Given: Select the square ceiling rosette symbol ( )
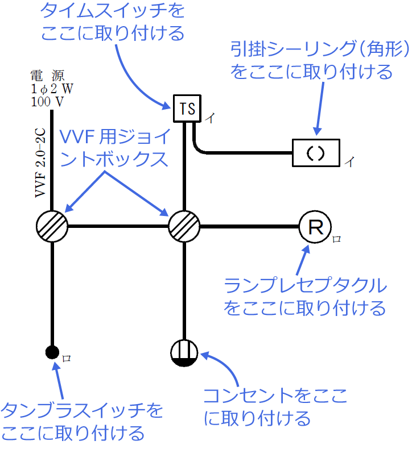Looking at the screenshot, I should click(x=316, y=152).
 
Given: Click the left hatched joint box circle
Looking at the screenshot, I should click(x=52, y=227).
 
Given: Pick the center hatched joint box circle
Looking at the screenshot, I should click(x=184, y=227).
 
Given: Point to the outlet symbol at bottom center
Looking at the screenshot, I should click(x=184, y=353).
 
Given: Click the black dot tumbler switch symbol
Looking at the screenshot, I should click(x=52, y=353).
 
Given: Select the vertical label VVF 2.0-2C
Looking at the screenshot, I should click(x=40, y=163).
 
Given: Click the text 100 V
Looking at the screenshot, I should click(x=48, y=102).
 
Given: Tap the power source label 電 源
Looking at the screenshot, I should click(x=48, y=76).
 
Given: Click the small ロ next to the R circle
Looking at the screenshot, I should click(x=337, y=240).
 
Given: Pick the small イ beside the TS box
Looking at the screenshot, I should click(x=209, y=118).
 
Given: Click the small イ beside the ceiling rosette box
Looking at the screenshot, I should click(x=349, y=162).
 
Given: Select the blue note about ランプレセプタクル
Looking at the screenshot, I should click(x=305, y=296).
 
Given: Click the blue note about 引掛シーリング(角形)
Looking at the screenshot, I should click(x=320, y=61).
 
